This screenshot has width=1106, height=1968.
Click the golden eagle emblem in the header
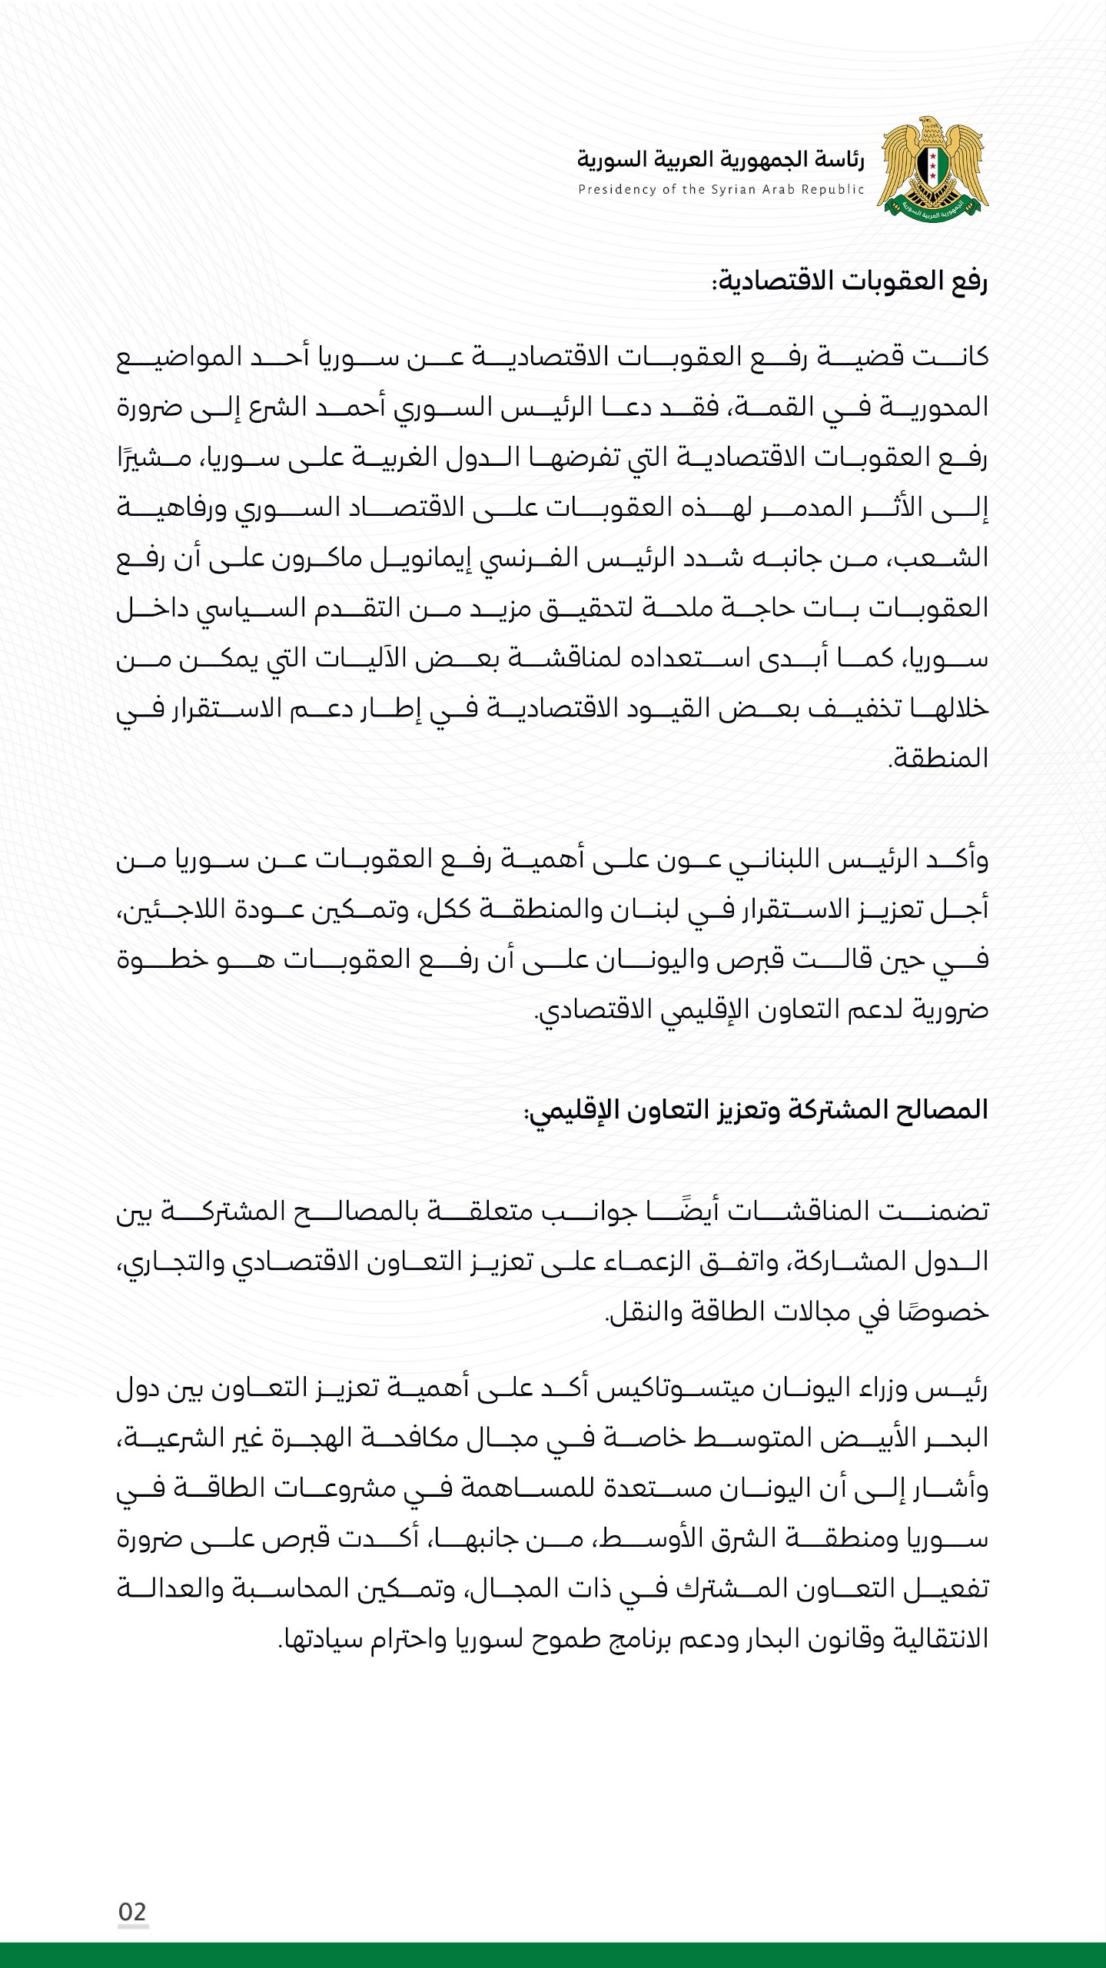pos(933,168)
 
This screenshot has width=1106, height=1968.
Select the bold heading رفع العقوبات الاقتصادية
pos(849,281)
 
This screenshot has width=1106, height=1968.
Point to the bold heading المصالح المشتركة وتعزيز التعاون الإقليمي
pos(756,1111)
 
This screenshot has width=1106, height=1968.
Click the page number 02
pos(132,1911)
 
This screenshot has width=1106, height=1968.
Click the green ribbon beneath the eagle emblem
pos(933,208)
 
